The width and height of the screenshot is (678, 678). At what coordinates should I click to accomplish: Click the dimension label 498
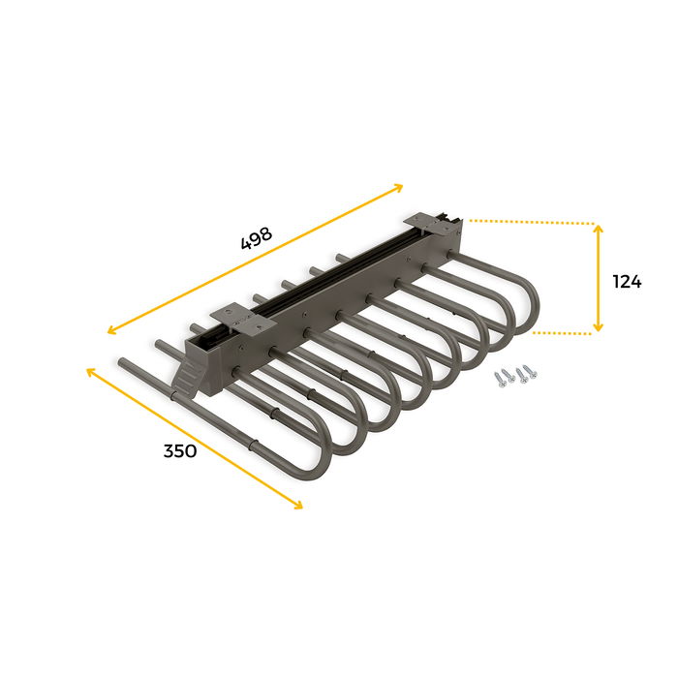pos(257,238)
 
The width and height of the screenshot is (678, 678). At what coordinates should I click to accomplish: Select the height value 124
pos(627,282)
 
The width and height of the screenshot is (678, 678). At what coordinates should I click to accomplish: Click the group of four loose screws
pos(513,376)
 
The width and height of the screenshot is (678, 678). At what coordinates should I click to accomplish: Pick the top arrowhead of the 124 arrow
pos(599,229)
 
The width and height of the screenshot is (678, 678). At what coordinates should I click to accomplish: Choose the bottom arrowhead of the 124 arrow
pos(599,328)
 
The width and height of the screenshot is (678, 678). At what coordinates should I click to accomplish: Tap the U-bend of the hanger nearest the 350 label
pos(315,460)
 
